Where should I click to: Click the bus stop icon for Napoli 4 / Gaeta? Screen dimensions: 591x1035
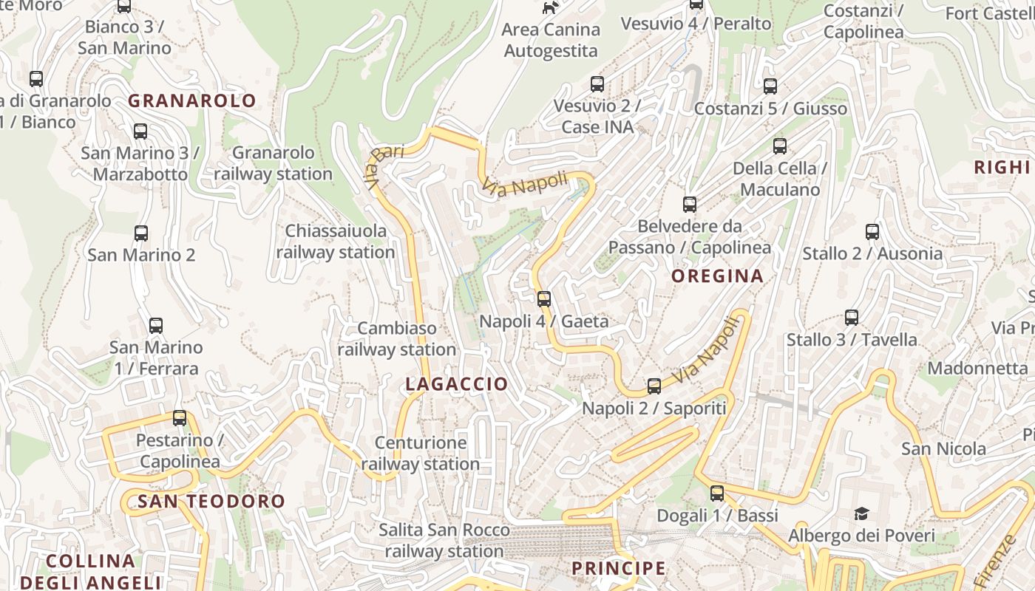point(544,299)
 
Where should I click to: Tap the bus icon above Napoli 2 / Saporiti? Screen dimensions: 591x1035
point(654,386)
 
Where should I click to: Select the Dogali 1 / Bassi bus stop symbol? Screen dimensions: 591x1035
point(717,493)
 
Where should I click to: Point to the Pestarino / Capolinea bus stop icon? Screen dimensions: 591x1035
point(180,418)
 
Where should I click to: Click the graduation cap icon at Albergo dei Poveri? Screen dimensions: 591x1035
point(861,513)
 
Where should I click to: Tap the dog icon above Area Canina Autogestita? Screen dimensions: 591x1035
point(550,8)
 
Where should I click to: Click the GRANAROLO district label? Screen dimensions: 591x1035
point(192,101)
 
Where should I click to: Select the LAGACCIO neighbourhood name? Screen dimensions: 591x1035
point(457,384)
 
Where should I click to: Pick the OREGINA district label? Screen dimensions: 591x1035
point(717,276)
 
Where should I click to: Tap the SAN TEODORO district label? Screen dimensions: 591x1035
point(211,502)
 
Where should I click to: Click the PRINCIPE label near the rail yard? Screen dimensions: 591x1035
point(619,568)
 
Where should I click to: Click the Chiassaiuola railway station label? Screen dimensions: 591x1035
point(336,242)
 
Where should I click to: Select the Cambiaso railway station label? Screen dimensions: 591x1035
point(397,338)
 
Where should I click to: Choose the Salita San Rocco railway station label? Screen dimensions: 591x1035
point(444,541)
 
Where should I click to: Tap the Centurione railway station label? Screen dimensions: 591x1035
point(421,454)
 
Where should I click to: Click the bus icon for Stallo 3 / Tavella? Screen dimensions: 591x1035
point(852,318)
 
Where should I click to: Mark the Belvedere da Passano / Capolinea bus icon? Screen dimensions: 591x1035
point(690,205)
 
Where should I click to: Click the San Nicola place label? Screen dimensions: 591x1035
point(943,449)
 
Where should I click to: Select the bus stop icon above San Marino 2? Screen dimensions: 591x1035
point(141,233)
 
